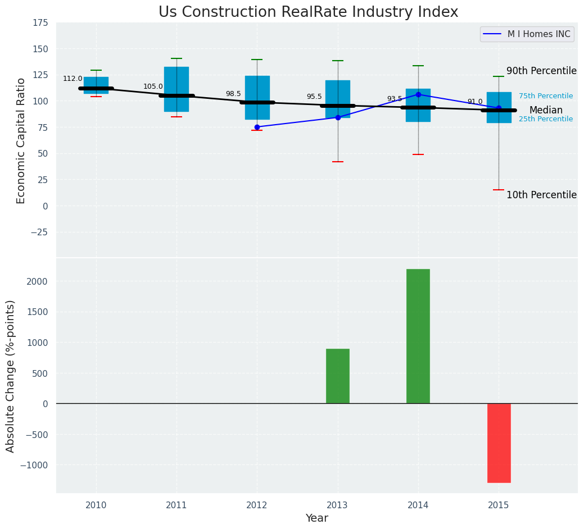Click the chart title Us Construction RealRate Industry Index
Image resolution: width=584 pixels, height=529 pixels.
pyautogui.click(x=308, y=12)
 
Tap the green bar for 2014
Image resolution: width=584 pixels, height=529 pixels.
pyautogui.click(x=418, y=336)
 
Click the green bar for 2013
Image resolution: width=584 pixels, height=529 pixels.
pyautogui.click(x=338, y=376)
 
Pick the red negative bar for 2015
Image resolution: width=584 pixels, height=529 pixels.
pyautogui.click(x=499, y=443)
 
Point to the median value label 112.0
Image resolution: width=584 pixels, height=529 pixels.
pyautogui.click(x=73, y=79)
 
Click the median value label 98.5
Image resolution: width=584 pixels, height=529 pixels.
pyautogui.click(x=233, y=94)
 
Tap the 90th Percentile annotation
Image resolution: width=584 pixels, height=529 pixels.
pyautogui.click(x=541, y=71)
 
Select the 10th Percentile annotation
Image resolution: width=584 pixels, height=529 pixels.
pyautogui.click(x=541, y=195)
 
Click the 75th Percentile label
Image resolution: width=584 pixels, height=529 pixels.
pyautogui.click(x=546, y=97)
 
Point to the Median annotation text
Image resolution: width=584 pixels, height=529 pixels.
pyautogui.click(x=546, y=111)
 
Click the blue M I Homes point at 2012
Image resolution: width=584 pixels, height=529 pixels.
pyautogui.click(x=257, y=127)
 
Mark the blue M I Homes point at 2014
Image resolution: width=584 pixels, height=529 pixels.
pyautogui.click(x=418, y=94)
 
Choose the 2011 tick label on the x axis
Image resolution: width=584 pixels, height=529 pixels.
pyautogui.click(x=176, y=505)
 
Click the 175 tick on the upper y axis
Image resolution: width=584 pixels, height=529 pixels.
pyautogui.click(x=40, y=23)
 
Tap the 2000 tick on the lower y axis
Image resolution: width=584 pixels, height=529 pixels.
pyautogui.click(x=38, y=281)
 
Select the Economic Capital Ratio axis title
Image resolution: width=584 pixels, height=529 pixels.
pyautogui.click(x=21, y=140)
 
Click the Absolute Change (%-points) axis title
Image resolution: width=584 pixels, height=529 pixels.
pyautogui.click(x=11, y=376)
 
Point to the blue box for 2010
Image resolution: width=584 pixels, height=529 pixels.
pyautogui.click(x=96, y=84)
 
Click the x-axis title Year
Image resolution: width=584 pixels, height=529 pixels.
pyautogui.click(x=316, y=518)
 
